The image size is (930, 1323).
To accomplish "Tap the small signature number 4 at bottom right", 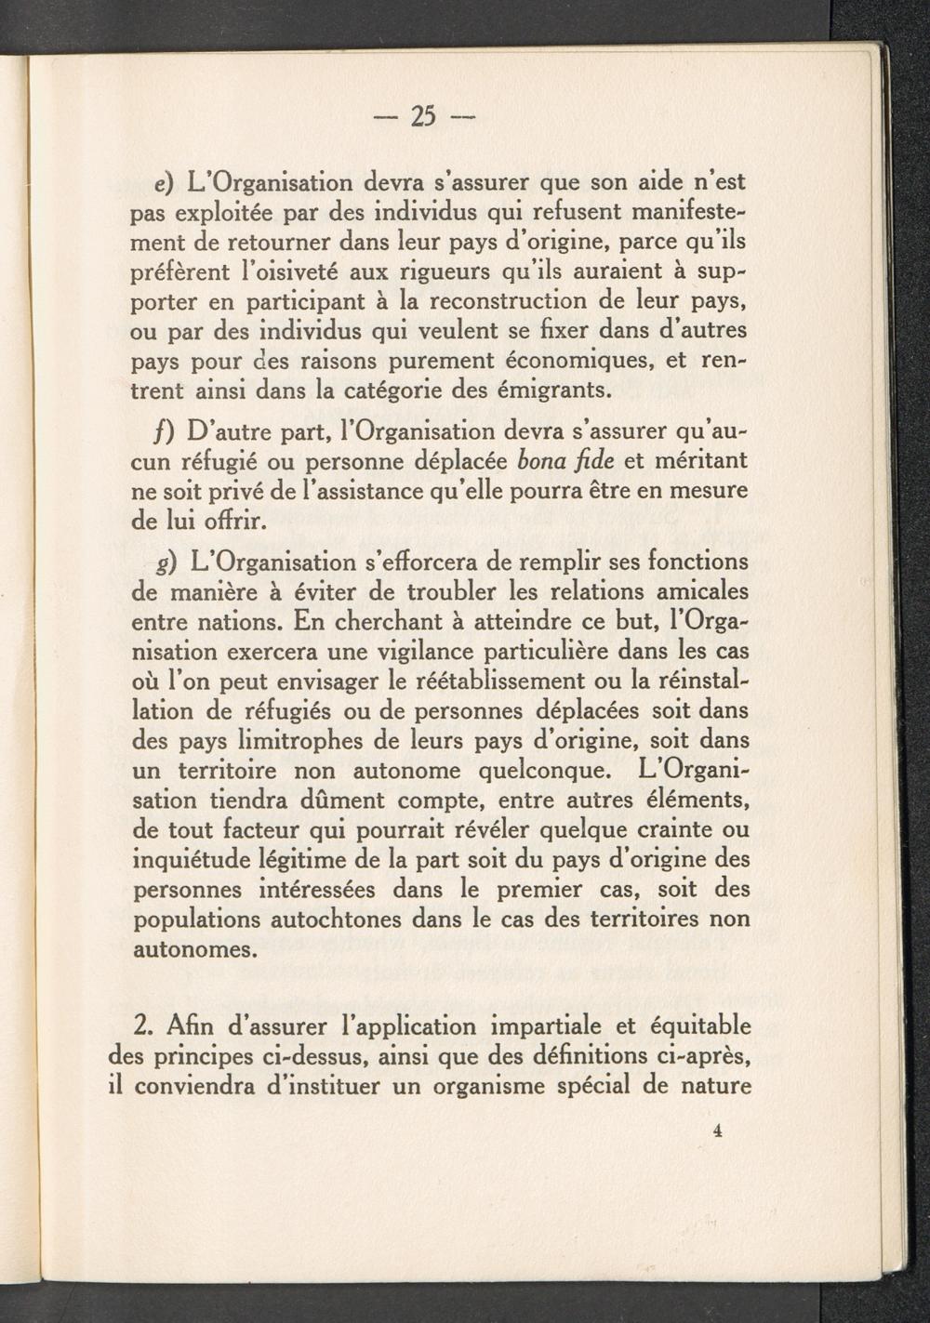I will [x=717, y=1131].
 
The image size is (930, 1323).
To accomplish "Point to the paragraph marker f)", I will [x=168, y=433].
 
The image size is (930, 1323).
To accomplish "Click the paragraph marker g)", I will [x=170, y=563].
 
